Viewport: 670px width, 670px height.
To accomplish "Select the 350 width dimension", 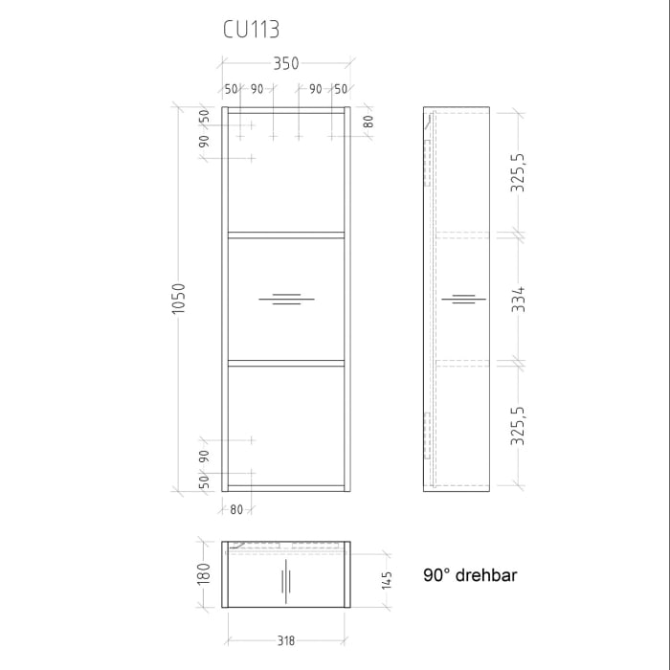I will [x=285, y=64].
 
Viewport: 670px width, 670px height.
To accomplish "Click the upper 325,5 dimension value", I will [x=518, y=172].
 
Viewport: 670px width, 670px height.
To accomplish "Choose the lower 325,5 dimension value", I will [x=518, y=426].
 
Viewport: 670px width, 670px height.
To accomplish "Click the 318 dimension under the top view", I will [x=284, y=639].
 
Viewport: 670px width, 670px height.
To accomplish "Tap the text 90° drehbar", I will [x=470, y=576].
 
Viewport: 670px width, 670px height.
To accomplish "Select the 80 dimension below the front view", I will [x=236, y=508].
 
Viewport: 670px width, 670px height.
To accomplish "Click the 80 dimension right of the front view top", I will [x=368, y=122].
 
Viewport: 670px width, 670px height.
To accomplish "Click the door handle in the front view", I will [x=284, y=301].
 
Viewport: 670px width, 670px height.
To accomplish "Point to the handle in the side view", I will [x=463, y=301].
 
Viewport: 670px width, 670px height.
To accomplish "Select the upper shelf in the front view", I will [x=285, y=233].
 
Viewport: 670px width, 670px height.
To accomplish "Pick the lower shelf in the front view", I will [x=285, y=363].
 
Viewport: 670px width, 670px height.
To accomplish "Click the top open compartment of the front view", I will [x=285, y=172].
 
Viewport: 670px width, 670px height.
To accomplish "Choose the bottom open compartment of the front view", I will [x=285, y=426].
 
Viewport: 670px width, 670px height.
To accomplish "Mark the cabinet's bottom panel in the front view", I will [x=285, y=488].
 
